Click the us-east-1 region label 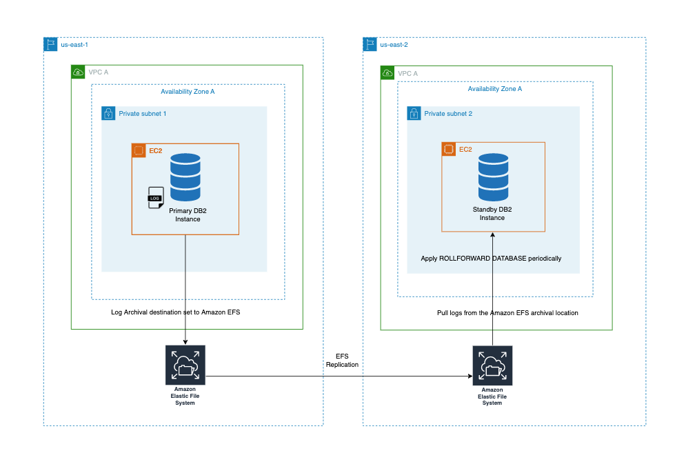click(x=74, y=44)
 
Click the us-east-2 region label click(x=394, y=44)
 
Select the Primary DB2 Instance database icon click(x=185, y=177)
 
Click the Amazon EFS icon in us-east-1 click(x=185, y=364)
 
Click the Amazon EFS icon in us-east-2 click(x=492, y=365)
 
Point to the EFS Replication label click(x=342, y=360)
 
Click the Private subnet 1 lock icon click(x=108, y=113)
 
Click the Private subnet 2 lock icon click(x=414, y=113)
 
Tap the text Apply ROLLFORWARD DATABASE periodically click(x=491, y=259)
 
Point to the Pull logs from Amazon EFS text click(x=507, y=313)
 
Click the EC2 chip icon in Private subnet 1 click(x=139, y=150)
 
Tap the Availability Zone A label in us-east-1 click(x=188, y=92)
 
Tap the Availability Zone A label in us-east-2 click(x=494, y=89)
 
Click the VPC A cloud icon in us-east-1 click(x=78, y=72)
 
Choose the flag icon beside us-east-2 click(x=370, y=44)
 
